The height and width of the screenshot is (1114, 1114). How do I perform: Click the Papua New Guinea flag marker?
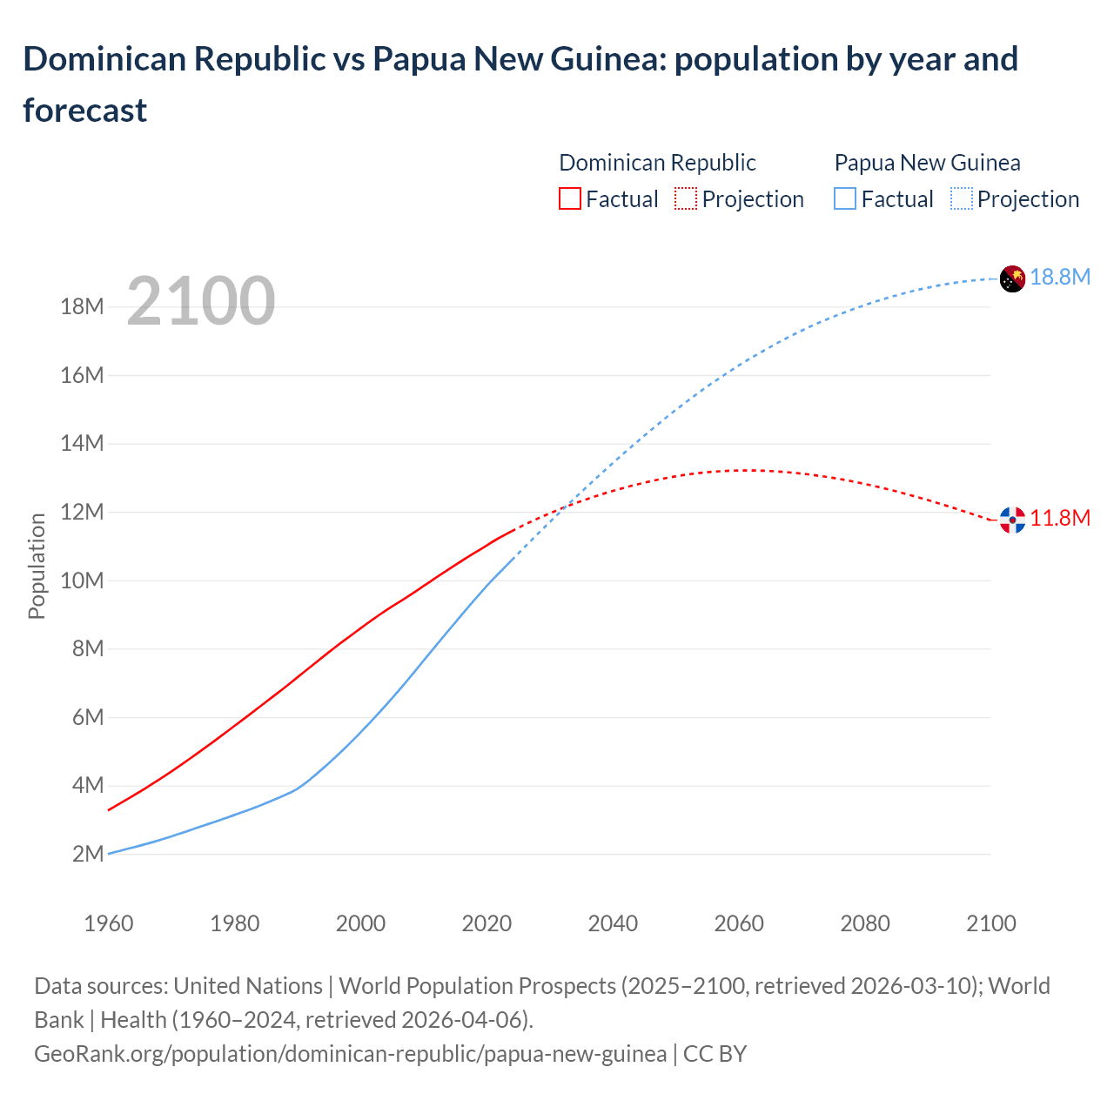pyautogui.click(x=1012, y=278)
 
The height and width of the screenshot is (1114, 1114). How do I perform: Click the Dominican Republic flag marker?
pyautogui.click(x=1012, y=520)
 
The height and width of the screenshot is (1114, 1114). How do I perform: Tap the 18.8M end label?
pyautogui.click(x=1060, y=277)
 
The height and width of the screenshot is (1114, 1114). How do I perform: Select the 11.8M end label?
pyautogui.click(x=1060, y=518)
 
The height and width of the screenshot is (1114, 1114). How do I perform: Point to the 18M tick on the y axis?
pyautogui.click(x=82, y=306)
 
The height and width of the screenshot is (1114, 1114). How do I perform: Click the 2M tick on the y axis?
pyautogui.click(x=88, y=854)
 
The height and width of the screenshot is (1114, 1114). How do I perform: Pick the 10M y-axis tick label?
pyautogui.click(x=82, y=580)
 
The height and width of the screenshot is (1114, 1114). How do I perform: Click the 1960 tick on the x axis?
pyautogui.click(x=109, y=923)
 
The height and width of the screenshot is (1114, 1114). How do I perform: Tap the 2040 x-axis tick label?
pyautogui.click(x=613, y=923)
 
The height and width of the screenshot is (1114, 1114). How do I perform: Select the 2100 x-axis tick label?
pyautogui.click(x=990, y=923)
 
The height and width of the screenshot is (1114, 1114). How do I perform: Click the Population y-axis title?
pyautogui.click(x=37, y=566)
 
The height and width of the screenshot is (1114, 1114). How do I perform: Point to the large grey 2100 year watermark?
pyautogui.click(x=201, y=301)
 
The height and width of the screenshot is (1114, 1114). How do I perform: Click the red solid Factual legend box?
pyautogui.click(x=569, y=199)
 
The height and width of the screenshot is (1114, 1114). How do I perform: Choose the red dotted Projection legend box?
pyautogui.click(x=686, y=199)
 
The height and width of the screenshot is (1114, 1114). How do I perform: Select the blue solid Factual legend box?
pyautogui.click(x=845, y=199)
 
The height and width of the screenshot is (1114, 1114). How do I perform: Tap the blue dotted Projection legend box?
pyautogui.click(x=961, y=199)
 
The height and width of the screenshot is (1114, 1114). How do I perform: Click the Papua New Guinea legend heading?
pyautogui.click(x=927, y=163)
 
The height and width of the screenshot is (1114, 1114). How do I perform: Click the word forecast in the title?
pyautogui.click(x=85, y=111)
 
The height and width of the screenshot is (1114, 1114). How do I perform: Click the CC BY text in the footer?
pyautogui.click(x=715, y=1053)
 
